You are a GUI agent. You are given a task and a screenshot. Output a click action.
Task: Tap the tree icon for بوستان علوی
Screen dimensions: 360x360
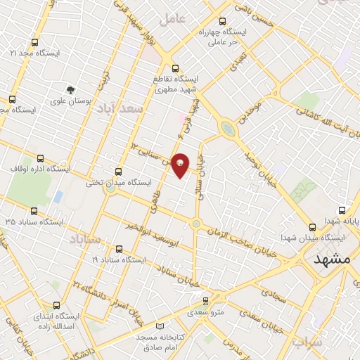tap(70, 89)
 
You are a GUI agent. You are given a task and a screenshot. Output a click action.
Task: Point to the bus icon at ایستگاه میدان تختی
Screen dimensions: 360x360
tap(118, 171)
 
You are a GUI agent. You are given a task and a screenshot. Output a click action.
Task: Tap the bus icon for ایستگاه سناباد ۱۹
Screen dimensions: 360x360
tap(118, 248)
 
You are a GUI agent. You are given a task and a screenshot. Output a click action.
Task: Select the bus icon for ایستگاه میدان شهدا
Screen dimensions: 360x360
tap(313, 226)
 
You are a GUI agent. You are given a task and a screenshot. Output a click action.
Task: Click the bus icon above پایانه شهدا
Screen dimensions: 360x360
tap(342, 210)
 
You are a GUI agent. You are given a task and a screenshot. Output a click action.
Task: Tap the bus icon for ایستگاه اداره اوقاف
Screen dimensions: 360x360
tap(40, 158)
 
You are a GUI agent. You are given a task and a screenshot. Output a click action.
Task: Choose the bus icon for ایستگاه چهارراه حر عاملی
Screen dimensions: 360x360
tap(223, 21)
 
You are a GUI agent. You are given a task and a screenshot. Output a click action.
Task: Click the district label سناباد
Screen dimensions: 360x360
tap(86, 240)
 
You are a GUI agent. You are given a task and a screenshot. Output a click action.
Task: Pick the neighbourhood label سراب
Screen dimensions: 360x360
tap(307, 342)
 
